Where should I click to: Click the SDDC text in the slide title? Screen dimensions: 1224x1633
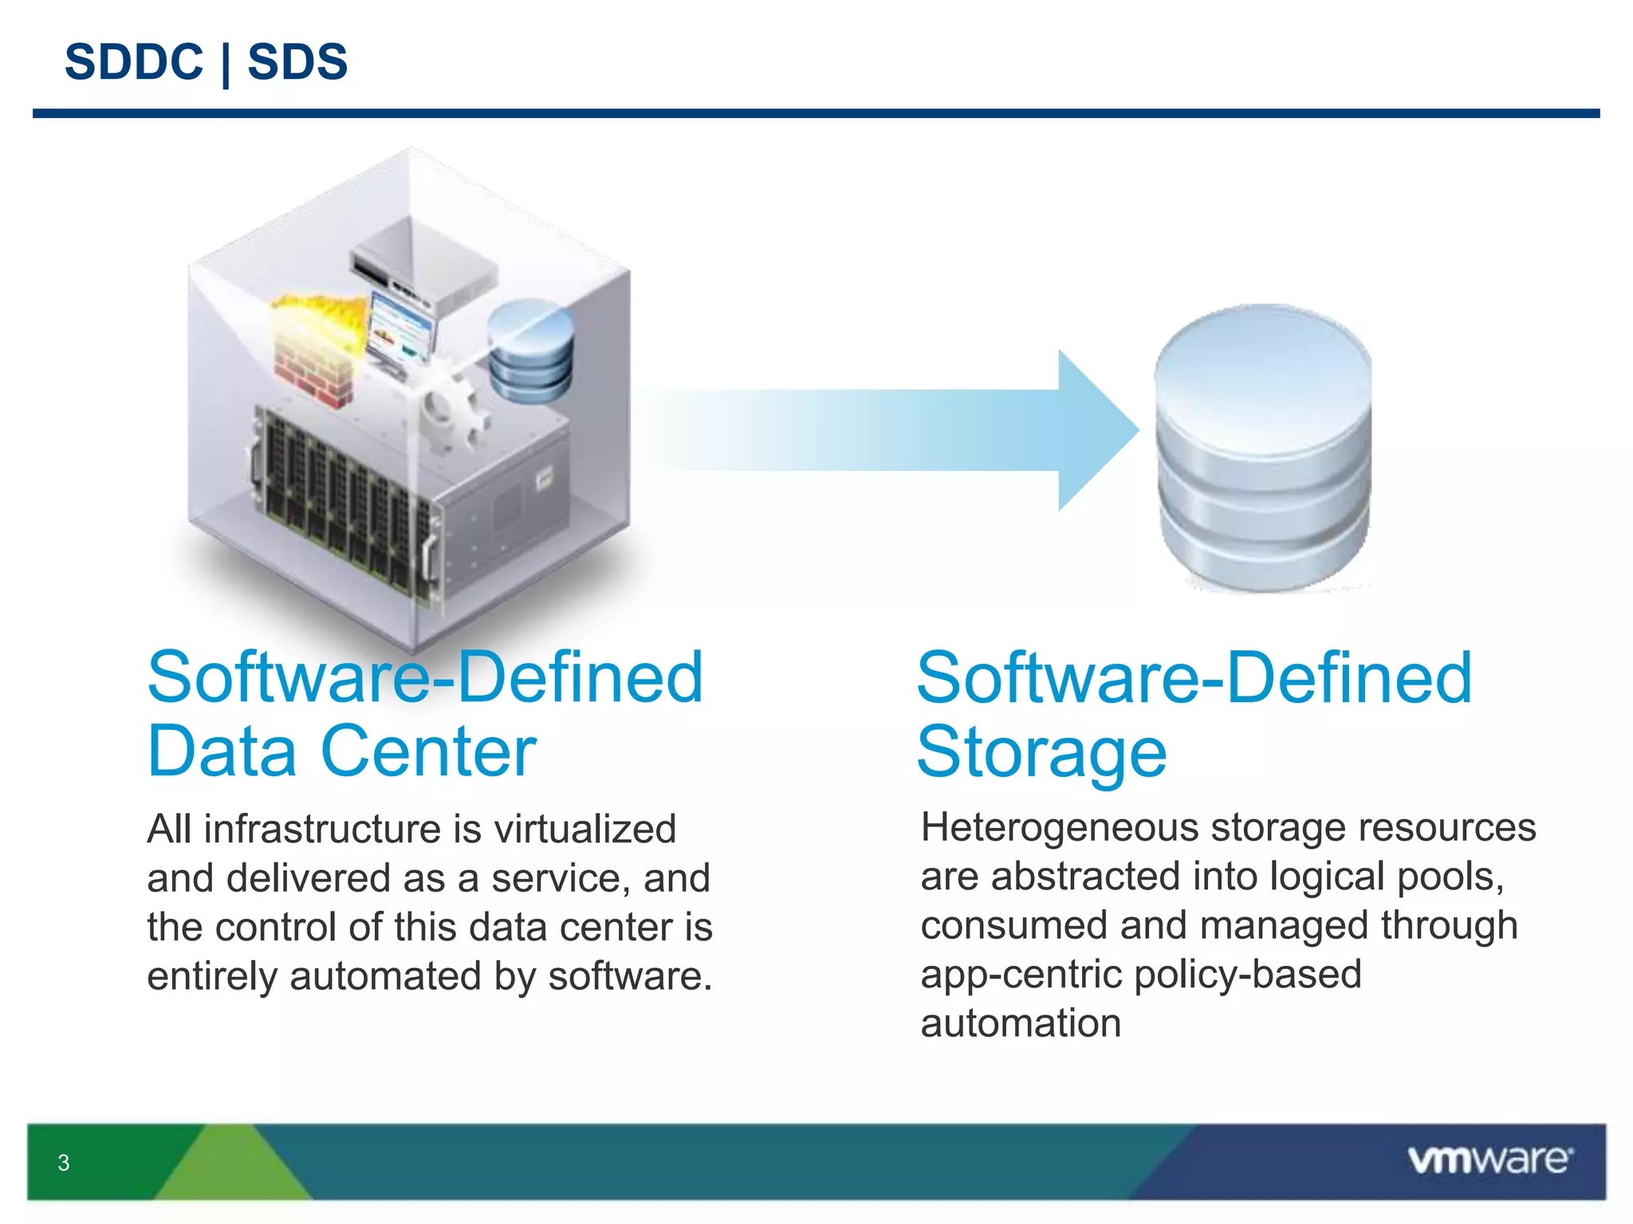click(134, 62)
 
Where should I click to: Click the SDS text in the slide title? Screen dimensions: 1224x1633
click(297, 62)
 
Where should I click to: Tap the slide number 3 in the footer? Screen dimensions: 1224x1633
click(64, 1163)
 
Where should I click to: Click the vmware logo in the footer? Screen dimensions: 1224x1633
click(1489, 1159)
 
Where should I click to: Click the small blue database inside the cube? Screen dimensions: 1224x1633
click(530, 351)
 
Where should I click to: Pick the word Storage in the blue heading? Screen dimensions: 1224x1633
click(1041, 752)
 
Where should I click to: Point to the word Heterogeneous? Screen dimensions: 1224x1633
click(1060, 828)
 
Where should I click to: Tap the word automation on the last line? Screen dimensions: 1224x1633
click(1021, 1023)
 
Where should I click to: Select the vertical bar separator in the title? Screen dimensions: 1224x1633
click(226, 64)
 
